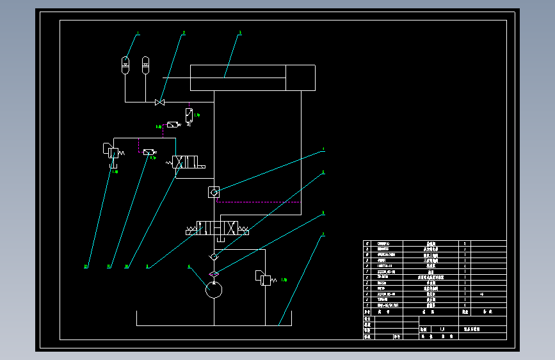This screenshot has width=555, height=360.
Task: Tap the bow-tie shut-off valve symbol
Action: [160, 102]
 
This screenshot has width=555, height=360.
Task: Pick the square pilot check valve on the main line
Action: [214, 192]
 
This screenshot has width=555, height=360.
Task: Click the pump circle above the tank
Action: [213, 290]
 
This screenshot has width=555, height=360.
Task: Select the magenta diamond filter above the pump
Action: [214, 274]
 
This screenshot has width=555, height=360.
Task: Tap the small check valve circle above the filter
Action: [214, 257]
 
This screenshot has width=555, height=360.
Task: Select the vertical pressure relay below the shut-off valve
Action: [189, 115]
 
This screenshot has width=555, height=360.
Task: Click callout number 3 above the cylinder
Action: [240, 33]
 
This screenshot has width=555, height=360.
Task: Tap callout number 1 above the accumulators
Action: [137, 33]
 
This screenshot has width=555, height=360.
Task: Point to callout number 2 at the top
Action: [184, 33]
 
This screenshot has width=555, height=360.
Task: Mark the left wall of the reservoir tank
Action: [137, 318]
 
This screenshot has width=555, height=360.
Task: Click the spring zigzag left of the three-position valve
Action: [190, 229]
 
